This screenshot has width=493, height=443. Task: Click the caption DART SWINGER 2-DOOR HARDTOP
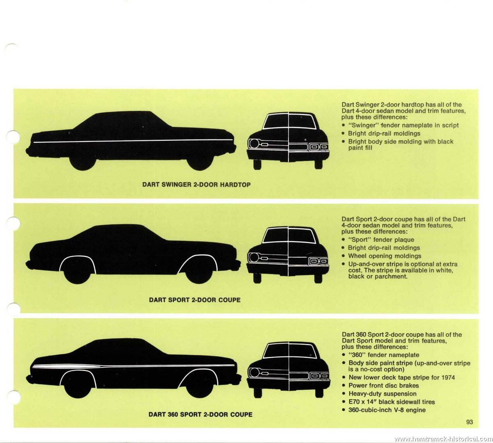coord(196,185)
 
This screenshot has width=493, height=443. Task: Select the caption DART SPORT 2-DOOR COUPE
coord(195,300)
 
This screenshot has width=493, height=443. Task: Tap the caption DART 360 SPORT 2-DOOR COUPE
coord(200,415)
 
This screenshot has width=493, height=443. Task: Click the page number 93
coord(470,422)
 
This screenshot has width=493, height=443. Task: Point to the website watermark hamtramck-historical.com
coord(443,439)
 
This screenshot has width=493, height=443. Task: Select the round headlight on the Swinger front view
coord(254,143)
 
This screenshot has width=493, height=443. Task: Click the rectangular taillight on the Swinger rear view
coord(319,147)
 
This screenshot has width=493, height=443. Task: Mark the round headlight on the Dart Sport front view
coord(254,257)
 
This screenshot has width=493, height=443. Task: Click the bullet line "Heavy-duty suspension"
coord(382,394)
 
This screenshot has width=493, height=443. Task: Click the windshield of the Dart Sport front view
coord(288,235)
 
